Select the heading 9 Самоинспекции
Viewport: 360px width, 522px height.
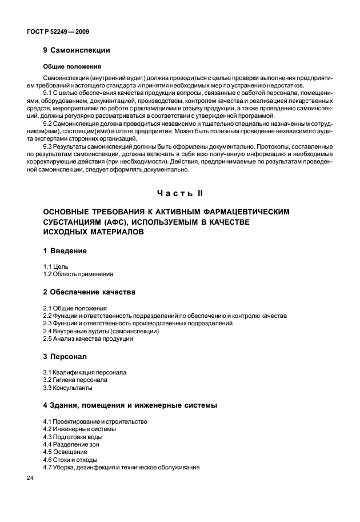tap(76, 50)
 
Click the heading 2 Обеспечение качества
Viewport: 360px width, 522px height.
tap(89, 292)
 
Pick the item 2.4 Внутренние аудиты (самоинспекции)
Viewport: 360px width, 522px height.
tap(101, 331)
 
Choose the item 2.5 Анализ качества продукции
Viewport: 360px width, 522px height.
tap(88, 338)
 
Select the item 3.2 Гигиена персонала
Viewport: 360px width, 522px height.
tap(75, 380)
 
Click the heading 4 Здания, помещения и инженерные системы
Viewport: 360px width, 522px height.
tap(130, 405)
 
